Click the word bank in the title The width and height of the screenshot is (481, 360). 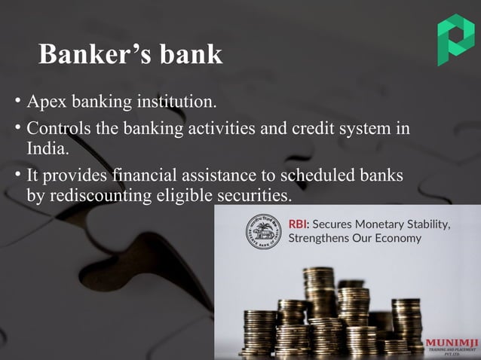191,54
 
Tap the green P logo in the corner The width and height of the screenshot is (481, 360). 455,39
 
